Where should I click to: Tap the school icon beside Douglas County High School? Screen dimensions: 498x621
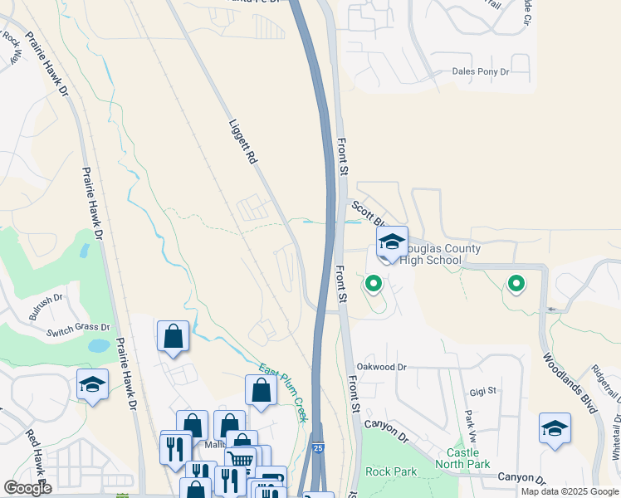click(391, 242)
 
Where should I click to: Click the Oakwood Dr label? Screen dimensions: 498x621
click(381, 366)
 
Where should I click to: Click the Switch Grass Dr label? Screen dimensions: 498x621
click(78, 330)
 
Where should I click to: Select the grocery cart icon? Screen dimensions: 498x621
click(240, 459)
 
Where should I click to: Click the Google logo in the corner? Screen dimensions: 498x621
click(27, 488)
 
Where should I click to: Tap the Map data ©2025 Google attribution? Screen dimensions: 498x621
click(570, 491)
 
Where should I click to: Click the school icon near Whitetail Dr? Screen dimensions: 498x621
click(555, 428)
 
